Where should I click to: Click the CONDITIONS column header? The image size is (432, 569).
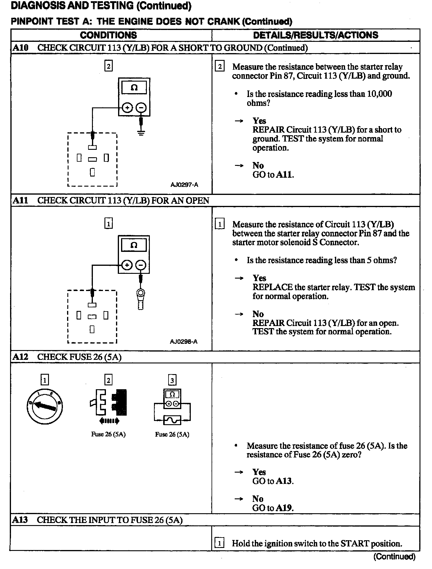(x=108, y=35)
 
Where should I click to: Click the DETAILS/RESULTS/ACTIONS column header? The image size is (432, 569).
(x=316, y=35)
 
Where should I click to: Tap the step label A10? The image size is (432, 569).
(x=20, y=48)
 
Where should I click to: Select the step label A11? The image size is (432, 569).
(x=20, y=201)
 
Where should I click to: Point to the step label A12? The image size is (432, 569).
(x=20, y=357)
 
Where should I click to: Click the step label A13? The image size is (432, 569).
(x=20, y=520)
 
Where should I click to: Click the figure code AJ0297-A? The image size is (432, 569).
(x=184, y=185)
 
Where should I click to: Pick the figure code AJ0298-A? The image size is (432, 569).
(x=184, y=341)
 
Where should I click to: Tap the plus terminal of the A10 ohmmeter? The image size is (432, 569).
(x=127, y=108)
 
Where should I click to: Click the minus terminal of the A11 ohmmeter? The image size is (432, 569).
(x=141, y=265)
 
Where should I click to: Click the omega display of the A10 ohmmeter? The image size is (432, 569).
(x=134, y=88)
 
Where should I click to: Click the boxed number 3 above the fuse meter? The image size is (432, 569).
(x=172, y=380)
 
